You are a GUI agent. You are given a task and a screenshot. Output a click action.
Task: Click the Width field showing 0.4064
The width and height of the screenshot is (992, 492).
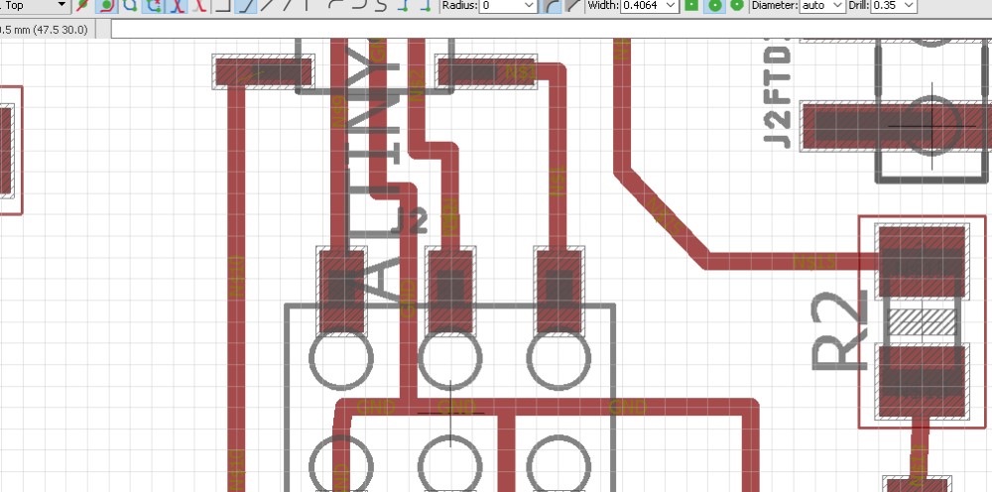point(644,6)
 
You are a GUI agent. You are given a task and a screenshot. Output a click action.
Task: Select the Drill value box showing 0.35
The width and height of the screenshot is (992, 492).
point(894,6)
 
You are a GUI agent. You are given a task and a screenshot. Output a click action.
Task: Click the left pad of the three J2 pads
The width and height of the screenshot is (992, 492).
point(342,290)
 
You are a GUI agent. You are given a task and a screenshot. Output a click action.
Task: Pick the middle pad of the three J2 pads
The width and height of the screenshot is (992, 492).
point(451,290)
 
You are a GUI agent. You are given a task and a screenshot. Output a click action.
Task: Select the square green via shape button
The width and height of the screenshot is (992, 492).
point(690,6)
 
